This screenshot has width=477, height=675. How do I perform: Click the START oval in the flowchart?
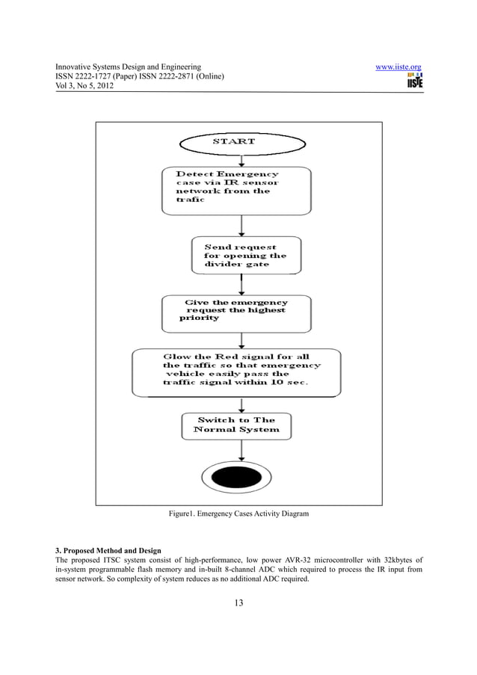(x=234, y=142)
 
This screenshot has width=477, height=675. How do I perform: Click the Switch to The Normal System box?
(x=236, y=425)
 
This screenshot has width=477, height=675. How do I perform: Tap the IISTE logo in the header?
(x=414, y=81)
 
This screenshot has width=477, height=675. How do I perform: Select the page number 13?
(x=238, y=603)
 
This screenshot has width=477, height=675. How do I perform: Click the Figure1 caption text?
(x=238, y=514)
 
